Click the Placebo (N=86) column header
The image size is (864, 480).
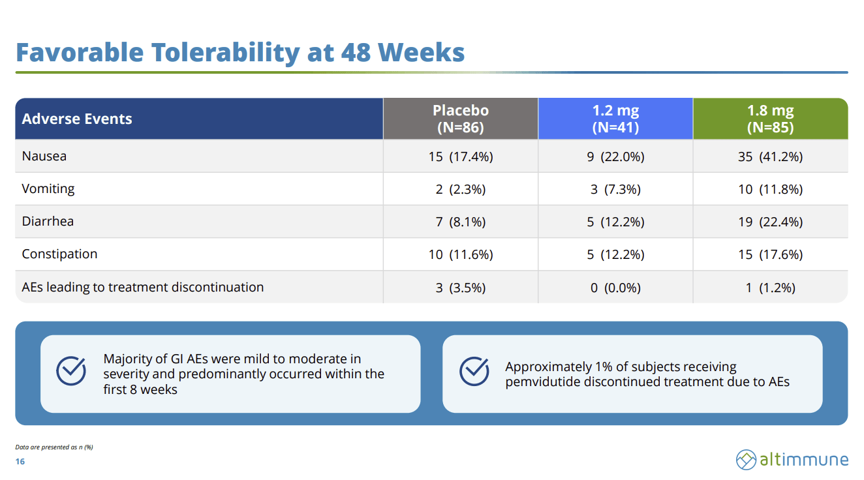click(x=461, y=119)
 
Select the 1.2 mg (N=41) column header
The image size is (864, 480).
click(x=615, y=119)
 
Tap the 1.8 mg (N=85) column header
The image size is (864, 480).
click(x=770, y=119)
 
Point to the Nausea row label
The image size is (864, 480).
click(x=44, y=156)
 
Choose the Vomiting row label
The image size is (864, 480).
click(x=48, y=189)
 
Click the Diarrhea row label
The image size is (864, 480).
click(x=48, y=221)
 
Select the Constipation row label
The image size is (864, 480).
click(x=59, y=254)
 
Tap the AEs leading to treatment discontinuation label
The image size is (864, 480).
click(x=143, y=287)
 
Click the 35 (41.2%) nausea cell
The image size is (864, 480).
click(x=770, y=157)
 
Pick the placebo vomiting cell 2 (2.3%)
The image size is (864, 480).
click(x=461, y=189)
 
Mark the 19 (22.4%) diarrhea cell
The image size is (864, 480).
click(x=770, y=222)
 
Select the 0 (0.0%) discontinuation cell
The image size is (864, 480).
click(x=615, y=288)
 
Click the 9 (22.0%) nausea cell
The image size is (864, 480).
click(x=615, y=157)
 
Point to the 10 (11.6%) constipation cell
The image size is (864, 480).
click(x=461, y=254)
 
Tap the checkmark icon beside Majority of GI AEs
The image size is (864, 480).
click(x=71, y=370)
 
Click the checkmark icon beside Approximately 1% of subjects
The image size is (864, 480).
click(x=474, y=371)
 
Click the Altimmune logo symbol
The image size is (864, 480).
click(x=746, y=460)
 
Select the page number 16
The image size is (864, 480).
click(x=20, y=462)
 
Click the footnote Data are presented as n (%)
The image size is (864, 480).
click(x=54, y=447)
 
